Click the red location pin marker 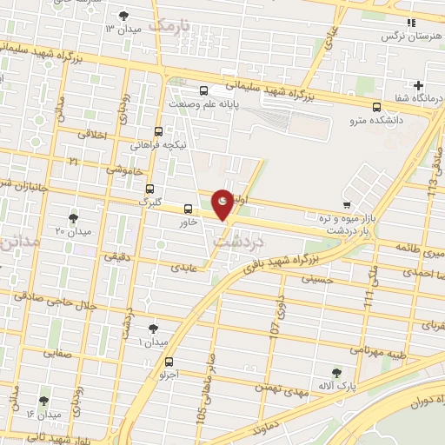tap(223, 203)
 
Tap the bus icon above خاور tap(189, 209)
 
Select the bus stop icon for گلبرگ tap(150, 189)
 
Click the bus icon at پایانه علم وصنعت tap(203, 90)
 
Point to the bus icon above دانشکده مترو tap(375, 109)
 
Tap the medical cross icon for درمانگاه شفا tap(419, 85)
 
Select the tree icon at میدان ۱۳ tap(123, 16)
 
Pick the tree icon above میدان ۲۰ tap(74, 217)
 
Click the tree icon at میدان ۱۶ tap(43, 401)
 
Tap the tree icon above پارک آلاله tap(336, 373)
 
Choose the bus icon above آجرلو tap(169, 362)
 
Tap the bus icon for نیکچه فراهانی tap(157, 132)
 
